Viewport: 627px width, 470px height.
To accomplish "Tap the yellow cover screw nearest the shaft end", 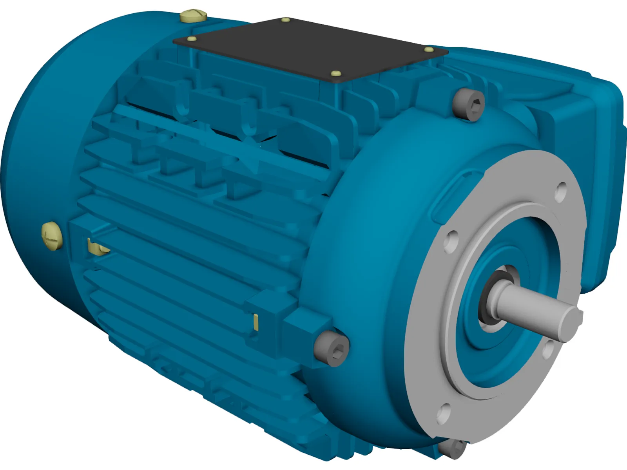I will tap(429, 50).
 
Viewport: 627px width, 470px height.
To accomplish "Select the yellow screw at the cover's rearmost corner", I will tap(286, 20).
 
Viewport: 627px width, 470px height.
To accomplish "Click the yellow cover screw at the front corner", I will tap(335, 73).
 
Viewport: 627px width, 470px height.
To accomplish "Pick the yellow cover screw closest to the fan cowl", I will tap(192, 39).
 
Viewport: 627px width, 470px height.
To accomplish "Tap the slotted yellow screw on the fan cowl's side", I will tap(52, 235).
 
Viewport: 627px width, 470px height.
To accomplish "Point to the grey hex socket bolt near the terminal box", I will tap(468, 104).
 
